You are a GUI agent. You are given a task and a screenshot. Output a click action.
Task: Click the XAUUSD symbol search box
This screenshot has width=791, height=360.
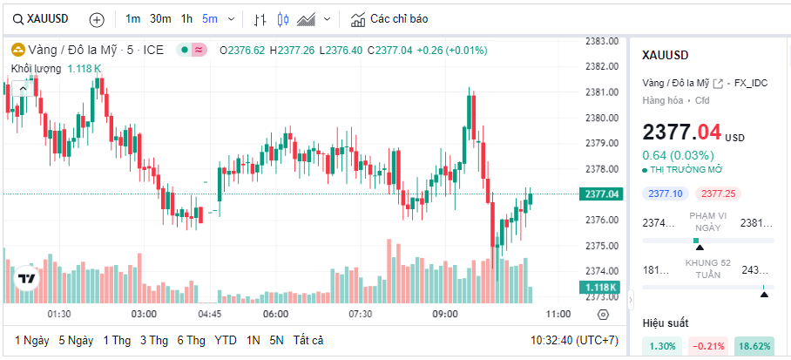[44, 19]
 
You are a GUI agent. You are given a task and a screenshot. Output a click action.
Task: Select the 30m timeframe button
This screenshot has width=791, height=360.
[160, 19]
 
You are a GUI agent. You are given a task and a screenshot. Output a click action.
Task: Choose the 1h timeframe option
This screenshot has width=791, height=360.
[187, 19]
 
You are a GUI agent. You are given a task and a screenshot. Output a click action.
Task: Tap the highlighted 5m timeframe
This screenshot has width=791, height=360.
[210, 19]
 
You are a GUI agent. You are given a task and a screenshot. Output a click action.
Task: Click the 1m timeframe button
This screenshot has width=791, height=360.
[132, 19]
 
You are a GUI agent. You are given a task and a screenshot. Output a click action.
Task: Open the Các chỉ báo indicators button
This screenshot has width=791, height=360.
[389, 19]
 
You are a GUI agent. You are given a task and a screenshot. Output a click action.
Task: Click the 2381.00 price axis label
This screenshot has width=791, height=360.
[602, 92]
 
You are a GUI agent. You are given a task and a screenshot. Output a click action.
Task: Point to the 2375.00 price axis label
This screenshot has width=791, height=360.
[602, 245]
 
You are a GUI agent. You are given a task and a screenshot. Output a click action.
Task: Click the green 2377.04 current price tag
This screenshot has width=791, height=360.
[602, 194]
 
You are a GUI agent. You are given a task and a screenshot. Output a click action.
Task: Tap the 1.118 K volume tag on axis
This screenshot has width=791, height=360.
[600, 288]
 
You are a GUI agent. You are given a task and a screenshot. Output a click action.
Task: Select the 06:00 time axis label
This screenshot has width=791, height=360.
[275, 314]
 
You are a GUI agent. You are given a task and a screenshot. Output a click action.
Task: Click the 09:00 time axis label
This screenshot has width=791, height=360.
[445, 314]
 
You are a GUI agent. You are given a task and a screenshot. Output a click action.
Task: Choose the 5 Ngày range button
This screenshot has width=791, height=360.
[76, 340]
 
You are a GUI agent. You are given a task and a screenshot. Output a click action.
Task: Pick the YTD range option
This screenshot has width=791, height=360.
[226, 340]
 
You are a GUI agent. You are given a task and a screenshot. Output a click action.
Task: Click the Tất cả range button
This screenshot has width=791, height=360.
[308, 340]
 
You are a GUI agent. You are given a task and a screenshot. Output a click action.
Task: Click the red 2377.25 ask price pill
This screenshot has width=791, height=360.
[719, 194]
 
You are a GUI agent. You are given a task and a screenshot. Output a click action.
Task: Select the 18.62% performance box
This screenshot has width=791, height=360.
[754, 346]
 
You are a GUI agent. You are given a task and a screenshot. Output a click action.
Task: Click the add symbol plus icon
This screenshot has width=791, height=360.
[97, 19]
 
